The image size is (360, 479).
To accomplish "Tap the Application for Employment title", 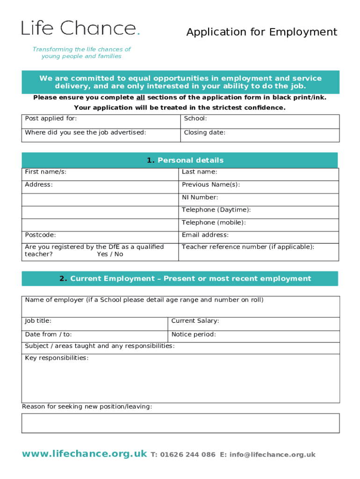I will [261, 32].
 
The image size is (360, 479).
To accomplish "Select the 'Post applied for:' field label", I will [51, 119].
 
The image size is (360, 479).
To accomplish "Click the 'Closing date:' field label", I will [204, 132].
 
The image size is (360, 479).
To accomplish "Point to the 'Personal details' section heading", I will [185, 160].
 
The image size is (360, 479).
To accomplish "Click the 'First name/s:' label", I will [46, 172].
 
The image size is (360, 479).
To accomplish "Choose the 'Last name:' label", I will [199, 172].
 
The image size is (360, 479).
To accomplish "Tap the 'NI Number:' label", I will [200, 197].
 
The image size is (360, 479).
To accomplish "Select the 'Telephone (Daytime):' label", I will [216, 210].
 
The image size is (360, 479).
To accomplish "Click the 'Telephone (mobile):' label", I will [214, 223].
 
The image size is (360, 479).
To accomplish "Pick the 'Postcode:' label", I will [40, 235].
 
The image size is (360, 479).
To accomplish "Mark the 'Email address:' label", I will [205, 235].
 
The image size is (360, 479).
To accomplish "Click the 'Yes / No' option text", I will [110, 254].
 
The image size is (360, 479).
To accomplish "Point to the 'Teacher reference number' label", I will [248, 247].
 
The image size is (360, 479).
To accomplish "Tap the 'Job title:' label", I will [38, 321].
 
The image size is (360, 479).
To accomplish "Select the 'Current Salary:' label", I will [195, 321].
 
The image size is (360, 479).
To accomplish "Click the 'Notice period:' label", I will [194, 334].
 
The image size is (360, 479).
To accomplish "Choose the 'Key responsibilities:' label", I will [57, 358].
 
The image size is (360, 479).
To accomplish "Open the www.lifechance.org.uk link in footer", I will [84, 454].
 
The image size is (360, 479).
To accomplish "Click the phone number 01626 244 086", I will [187, 455].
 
